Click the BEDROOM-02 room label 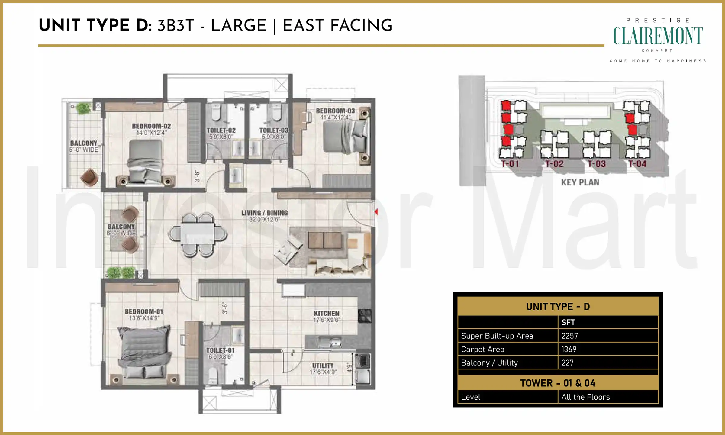tap(151, 126)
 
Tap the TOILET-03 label tap(274, 130)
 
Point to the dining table tap(198, 235)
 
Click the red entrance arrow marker tap(376, 212)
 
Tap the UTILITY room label tap(323, 366)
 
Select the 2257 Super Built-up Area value tap(569, 336)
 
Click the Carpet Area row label tap(482, 350)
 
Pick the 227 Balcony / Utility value tap(567, 363)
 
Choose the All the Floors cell tap(585, 397)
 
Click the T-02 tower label tap(554, 164)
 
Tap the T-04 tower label tap(637, 164)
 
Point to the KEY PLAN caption tap(580, 182)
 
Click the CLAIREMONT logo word tap(658, 36)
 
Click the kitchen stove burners tap(365, 316)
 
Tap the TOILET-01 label tap(220, 350)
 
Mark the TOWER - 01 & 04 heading tap(558, 383)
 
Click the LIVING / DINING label tap(265, 213)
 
